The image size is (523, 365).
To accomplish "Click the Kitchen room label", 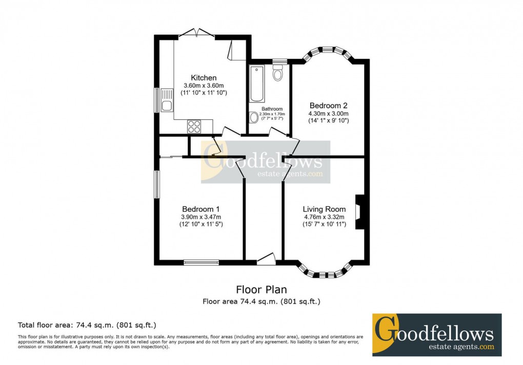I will (x=204, y=77).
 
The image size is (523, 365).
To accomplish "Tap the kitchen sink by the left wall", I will (x=166, y=100).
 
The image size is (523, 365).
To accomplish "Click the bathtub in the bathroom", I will (x=256, y=84).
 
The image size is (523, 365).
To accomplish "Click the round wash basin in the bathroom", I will (x=254, y=118).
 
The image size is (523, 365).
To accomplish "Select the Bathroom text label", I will (x=272, y=109).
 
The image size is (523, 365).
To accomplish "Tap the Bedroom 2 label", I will (x=328, y=105).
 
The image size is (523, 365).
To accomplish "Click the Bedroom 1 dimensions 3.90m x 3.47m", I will (x=200, y=217).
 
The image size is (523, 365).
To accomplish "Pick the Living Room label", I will (x=324, y=209).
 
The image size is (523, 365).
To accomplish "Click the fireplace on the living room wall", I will (x=360, y=211).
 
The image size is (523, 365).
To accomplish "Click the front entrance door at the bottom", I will (x=266, y=260).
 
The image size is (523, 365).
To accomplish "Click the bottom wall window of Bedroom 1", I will (x=202, y=263).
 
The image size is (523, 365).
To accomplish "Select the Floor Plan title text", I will (x=261, y=290).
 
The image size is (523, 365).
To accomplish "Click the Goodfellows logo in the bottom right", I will (x=436, y=335).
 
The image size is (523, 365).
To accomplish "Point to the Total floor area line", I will (x=87, y=325).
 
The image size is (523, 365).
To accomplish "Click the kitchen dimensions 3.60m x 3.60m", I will (x=204, y=85).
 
